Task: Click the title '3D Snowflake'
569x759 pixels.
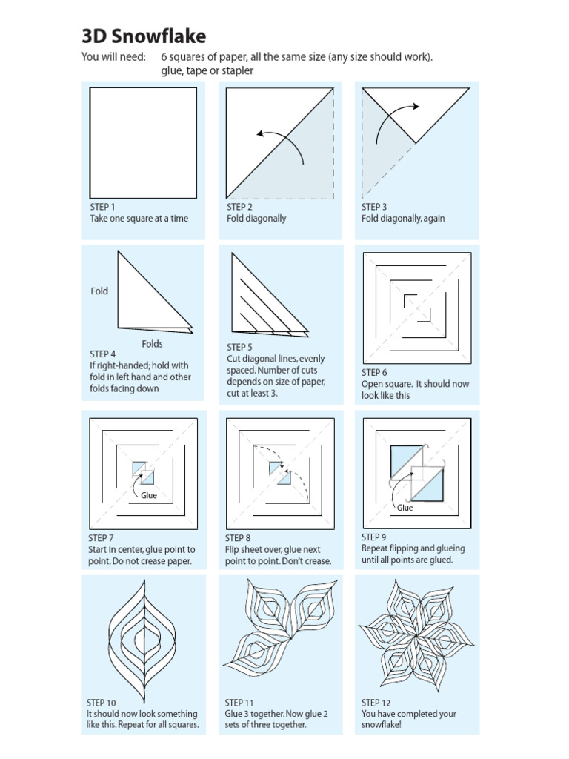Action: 144,36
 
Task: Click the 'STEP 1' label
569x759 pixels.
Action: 102,207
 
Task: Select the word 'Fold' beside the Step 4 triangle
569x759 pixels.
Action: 99,291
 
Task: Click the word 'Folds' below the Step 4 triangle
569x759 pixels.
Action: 152,344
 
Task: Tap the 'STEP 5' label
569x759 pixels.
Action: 239,347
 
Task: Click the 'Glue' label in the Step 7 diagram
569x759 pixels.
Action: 149,496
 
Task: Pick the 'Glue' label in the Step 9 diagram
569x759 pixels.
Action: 405,508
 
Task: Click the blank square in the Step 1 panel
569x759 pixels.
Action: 143,142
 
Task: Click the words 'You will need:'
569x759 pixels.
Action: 113,58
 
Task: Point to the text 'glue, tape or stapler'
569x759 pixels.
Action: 207,71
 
